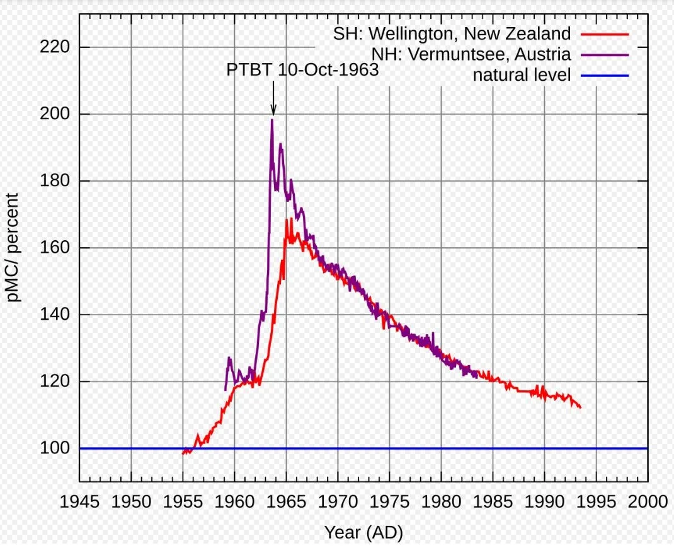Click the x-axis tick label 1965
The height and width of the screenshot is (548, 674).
287,502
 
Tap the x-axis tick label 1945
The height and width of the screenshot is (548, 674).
80,502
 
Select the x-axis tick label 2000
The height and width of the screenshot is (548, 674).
648,502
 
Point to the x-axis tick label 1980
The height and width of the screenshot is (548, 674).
442,502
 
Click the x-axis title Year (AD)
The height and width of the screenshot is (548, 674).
363,532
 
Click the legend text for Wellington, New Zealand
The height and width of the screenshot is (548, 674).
452,33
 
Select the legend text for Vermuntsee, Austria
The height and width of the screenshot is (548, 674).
458,54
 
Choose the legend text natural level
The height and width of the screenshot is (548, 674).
522,75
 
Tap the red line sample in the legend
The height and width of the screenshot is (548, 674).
605,33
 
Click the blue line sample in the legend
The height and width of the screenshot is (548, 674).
605,76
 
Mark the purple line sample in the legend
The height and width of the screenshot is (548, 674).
605,54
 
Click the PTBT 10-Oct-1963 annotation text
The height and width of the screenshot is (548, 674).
302,69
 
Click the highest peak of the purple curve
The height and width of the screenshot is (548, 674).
272,120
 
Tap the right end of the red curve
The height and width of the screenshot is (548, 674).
580,407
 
